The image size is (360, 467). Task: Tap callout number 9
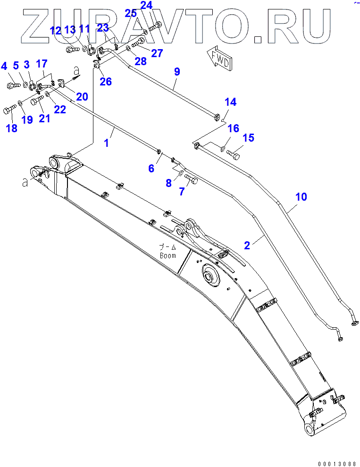point(177,72)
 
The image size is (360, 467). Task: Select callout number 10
point(301,196)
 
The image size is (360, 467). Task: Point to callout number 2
point(247,245)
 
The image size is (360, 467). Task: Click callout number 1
point(106,143)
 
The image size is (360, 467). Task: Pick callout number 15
point(248,138)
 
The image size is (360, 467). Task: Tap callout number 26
point(106,81)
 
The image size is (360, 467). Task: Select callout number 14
point(230,102)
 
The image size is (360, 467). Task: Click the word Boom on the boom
point(167,255)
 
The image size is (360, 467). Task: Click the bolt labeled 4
point(12,85)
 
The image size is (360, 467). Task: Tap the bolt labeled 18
point(9,110)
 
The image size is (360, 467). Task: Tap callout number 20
point(82,97)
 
